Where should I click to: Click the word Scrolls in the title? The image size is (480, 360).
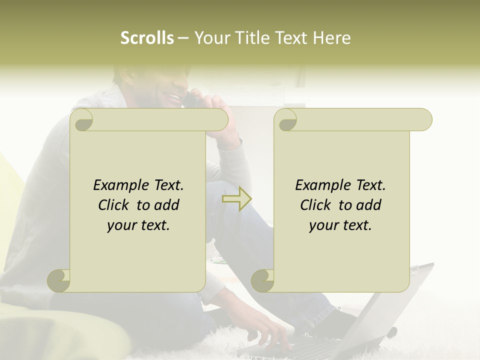tap(147, 38)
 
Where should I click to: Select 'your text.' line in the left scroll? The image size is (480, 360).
tap(138, 225)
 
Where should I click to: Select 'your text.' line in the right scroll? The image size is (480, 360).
tap(340, 225)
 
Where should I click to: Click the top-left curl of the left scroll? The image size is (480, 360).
tap(82, 120)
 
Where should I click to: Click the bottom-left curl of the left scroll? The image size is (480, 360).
tap(59, 280)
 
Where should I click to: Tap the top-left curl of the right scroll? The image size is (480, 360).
tap(286, 120)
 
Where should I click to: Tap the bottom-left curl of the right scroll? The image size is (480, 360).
tap(262, 280)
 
